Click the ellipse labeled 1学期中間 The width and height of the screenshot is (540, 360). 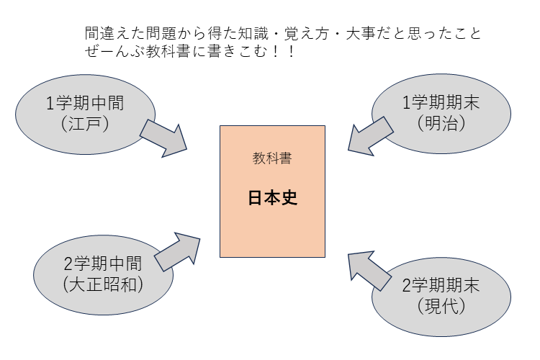click(85, 112)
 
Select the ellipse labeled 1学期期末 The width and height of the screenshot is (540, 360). click(441, 112)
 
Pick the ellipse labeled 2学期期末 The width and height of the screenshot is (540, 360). click(441, 294)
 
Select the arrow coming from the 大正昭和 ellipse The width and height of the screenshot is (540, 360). click(176, 250)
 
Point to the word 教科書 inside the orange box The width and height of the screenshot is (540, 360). click(272, 159)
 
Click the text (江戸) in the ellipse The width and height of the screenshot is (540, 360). click(85, 123)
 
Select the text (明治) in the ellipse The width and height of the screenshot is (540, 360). click(441, 122)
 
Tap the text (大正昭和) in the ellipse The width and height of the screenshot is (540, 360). click(103, 284)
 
